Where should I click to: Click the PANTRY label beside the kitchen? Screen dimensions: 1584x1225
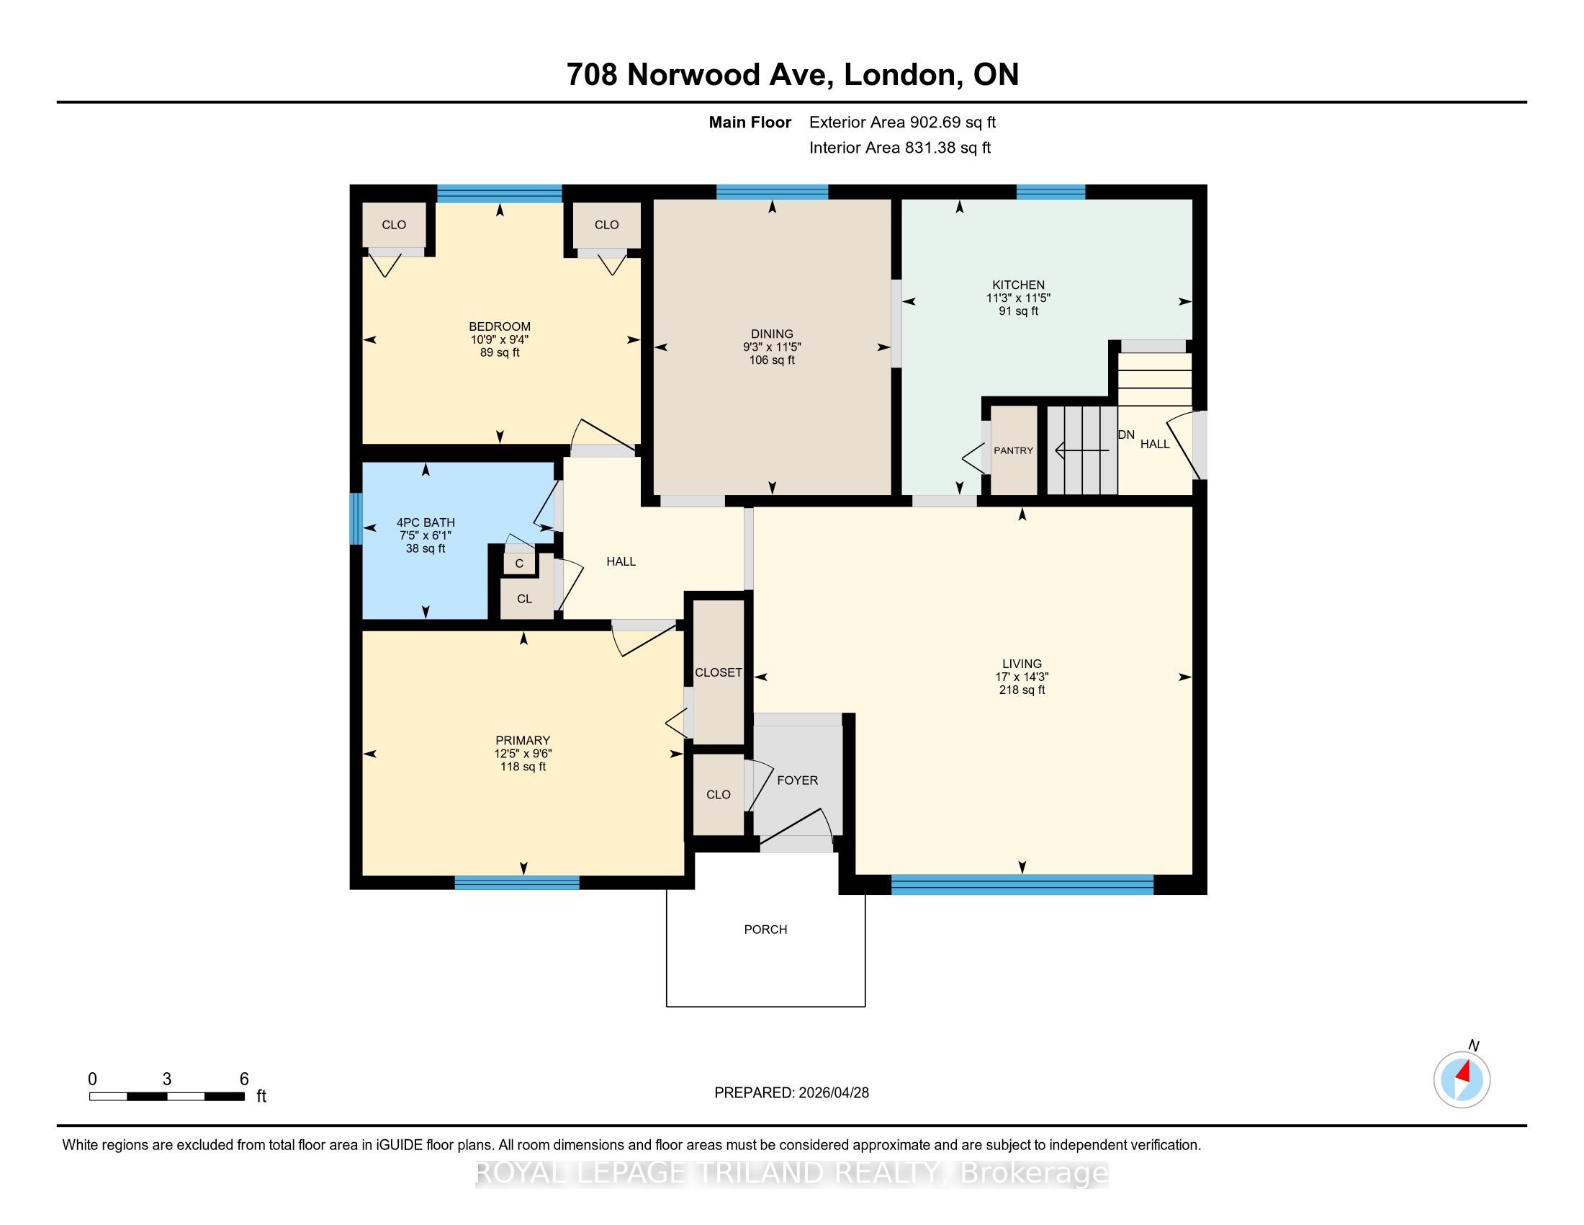[1013, 450]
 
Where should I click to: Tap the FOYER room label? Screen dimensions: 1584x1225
[797, 780]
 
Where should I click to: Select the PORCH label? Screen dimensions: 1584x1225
[765, 929]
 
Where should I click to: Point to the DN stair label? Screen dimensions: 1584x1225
[1126, 435]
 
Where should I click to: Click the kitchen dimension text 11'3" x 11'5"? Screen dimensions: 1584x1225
[1018, 298]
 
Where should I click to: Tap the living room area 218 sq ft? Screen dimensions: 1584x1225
[1022, 690]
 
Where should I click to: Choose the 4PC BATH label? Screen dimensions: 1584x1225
[426, 522]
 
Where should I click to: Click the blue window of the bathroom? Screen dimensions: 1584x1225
[356, 519]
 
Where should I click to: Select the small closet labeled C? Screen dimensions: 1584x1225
[519, 563]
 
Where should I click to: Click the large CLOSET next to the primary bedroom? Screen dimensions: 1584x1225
[718, 673]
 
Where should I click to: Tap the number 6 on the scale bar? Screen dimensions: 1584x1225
[243, 1079]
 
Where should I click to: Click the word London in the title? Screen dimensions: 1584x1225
[898, 75]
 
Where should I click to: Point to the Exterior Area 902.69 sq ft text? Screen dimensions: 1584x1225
[903, 122]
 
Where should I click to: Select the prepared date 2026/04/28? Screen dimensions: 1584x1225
[832, 1093]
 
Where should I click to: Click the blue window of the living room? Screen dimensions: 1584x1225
[1022, 885]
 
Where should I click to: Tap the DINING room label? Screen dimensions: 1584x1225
[772, 334]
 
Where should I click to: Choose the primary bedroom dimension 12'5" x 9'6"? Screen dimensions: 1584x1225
[523, 753]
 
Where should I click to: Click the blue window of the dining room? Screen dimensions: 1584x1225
[773, 192]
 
